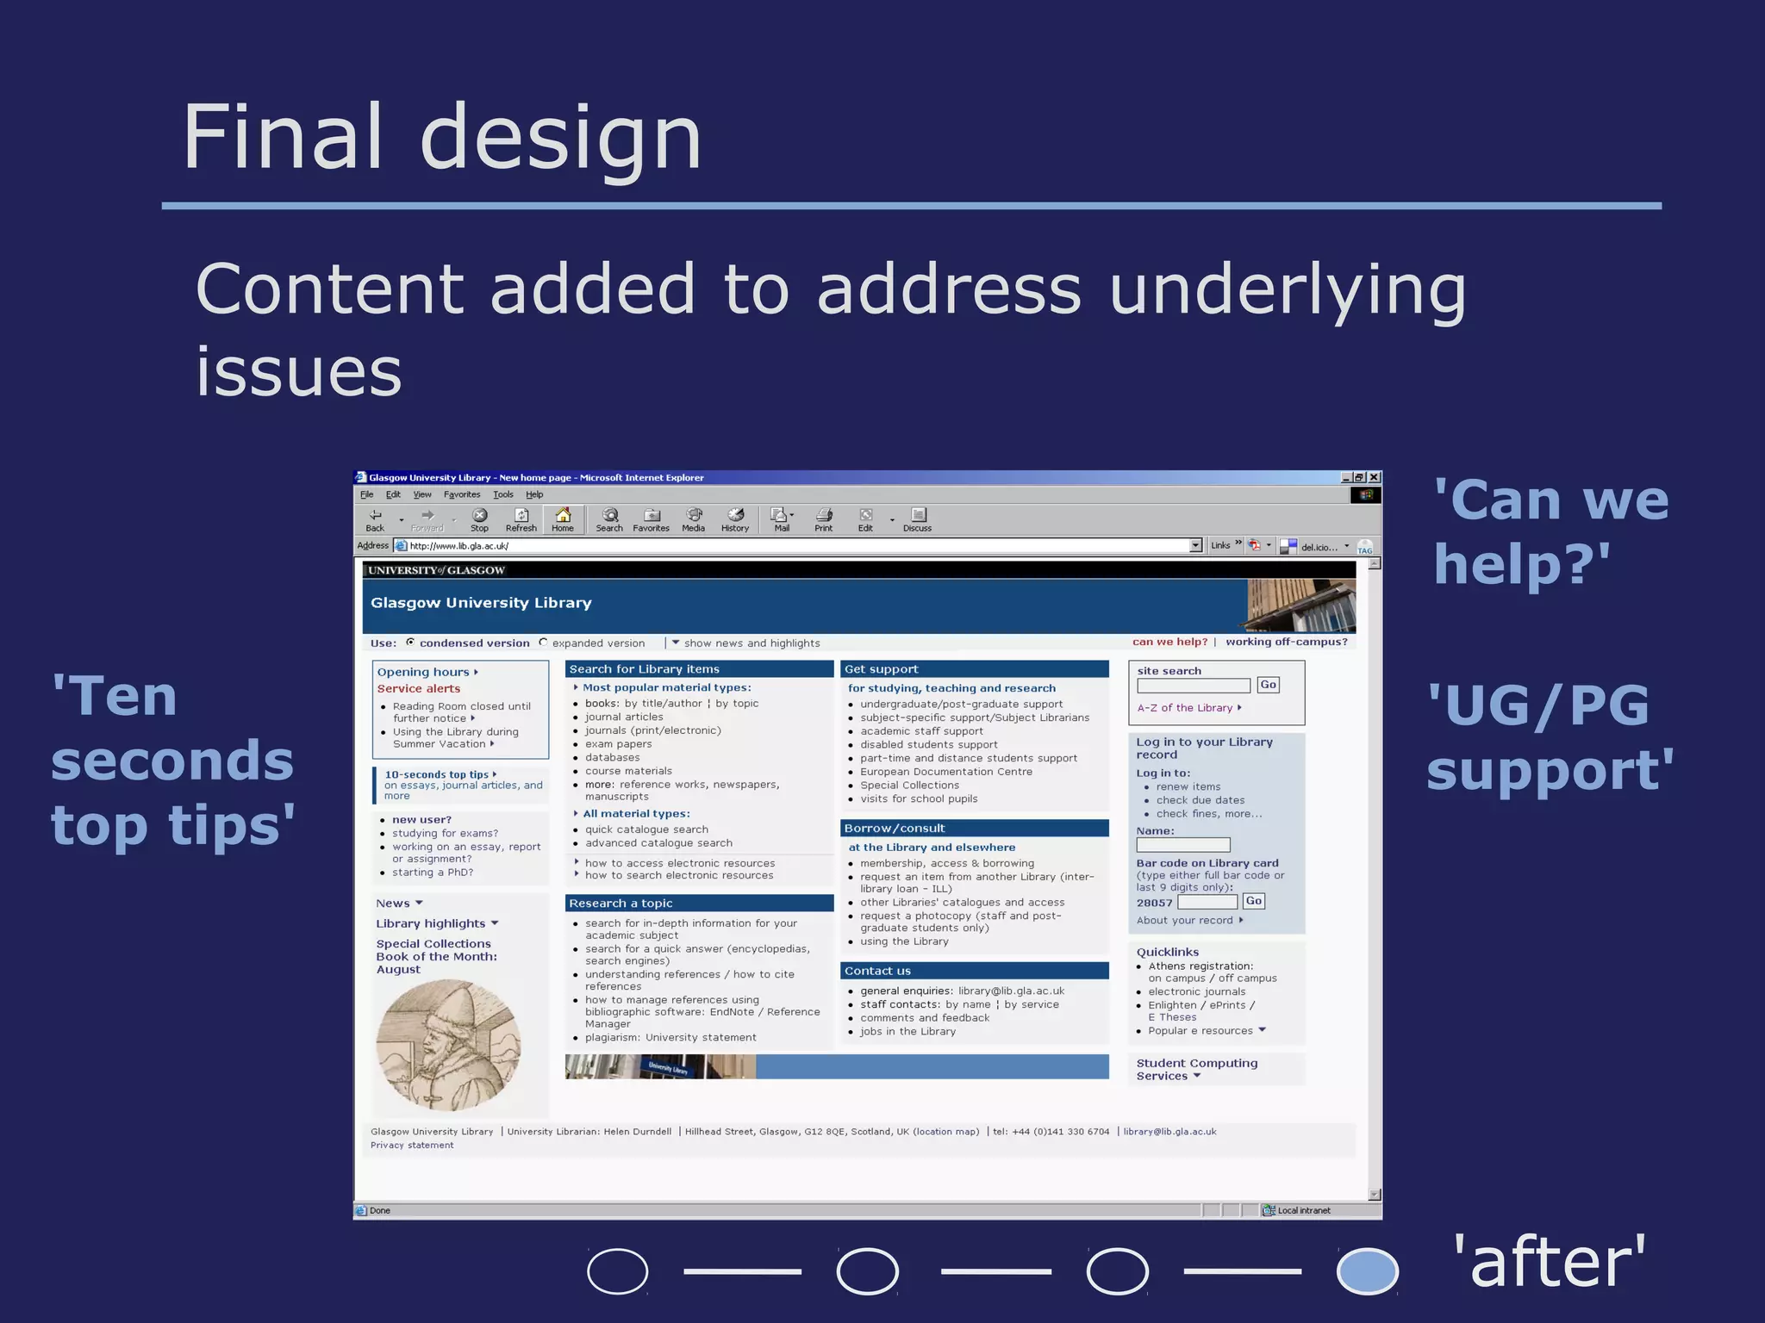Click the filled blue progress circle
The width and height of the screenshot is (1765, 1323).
click(x=1367, y=1271)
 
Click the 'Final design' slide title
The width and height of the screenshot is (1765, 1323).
click(x=442, y=138)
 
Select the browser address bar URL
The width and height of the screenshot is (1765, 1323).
click(x=459, y=546)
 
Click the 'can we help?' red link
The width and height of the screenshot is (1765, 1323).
click(x=1169, y=642)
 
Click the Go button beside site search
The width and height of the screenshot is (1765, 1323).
click(x=1268, y=685)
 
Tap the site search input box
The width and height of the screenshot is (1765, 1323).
click(x=1193, y=686)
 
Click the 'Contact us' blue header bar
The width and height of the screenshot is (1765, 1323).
click(x=974, y=971)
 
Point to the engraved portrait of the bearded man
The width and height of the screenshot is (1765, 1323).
click(x=448, y=1045)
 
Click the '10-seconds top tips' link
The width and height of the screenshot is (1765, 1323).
click(x=437, y=774)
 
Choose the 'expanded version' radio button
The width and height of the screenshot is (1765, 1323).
click(x=543, y=643)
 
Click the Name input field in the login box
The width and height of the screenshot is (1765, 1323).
click(x=1183, y=845)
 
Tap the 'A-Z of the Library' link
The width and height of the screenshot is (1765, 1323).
click(x=1185, y=708)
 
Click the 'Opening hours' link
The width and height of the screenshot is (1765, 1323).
click(x=423, y=672)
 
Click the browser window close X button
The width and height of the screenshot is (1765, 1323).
click(x=1375, y=477)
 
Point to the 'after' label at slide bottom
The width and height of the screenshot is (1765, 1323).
click(x=1550, y=1262)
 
